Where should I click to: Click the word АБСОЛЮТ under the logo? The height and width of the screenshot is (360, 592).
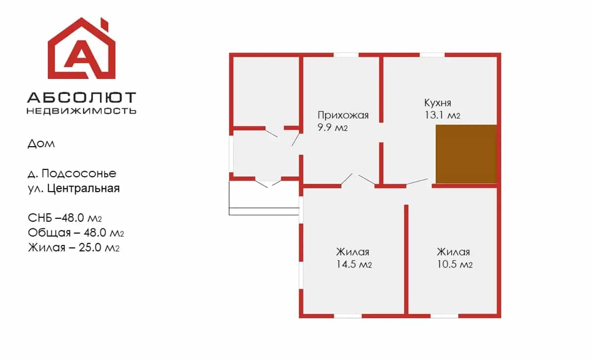(x=81, y=98)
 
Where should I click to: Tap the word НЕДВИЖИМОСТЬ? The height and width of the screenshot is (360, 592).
(x=81, y=111)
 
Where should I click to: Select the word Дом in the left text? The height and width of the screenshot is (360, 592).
(x=41, y=144)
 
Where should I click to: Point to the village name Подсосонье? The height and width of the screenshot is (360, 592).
(x=79, y=173)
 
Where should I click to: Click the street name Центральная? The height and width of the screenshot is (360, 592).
(x=83, y=188)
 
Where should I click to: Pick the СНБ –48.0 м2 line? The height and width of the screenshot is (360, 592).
(x=65, y=218)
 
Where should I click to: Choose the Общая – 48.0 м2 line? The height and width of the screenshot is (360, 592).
(x=76, y=233)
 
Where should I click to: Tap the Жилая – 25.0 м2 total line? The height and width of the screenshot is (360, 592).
(x=74, y=247)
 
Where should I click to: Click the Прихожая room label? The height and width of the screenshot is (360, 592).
(x=343, y=115)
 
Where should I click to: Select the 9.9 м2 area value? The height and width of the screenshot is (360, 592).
(x=332, y=127)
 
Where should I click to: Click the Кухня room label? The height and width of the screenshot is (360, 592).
(x=437, y=103)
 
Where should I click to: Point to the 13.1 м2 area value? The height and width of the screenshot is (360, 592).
(x=442, y=115)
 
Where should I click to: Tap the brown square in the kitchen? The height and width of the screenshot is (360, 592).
(x=466, y=154)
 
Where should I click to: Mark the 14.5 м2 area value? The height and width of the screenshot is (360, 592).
(x=354, y=264)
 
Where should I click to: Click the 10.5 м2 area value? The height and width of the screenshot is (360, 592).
(x=455, y=264)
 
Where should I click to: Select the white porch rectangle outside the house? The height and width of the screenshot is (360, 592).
(x=264, y=199)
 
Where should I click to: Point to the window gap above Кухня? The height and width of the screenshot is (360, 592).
(x=432, y=55)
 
